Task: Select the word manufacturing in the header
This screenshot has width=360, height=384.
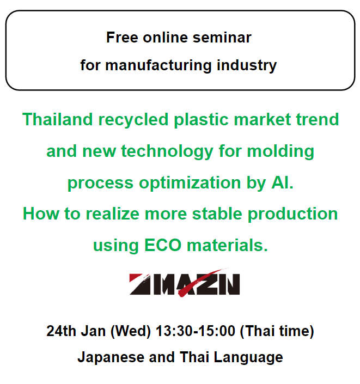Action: [158, 65]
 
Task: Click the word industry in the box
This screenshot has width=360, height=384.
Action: [247, 65]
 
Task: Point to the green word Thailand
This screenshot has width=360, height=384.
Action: [58, 119]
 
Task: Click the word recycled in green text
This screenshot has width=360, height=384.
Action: [133, 120]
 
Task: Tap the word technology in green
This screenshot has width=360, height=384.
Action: [167, 151]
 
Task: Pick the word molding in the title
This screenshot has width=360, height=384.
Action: [280, 151]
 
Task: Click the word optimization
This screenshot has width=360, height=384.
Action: [190, 183]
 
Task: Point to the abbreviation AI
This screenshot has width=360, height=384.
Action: [282, 182]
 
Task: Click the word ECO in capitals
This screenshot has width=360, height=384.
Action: [163, 245]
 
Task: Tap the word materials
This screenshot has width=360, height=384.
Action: [227, 245]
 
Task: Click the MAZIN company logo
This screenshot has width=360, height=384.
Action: [185, 283]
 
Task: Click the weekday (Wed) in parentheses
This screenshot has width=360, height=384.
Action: [131, 331]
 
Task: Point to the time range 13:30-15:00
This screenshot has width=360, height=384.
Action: [196, 331]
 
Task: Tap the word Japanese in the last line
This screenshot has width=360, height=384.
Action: [111, 357]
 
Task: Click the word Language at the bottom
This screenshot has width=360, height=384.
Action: [248, 358]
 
